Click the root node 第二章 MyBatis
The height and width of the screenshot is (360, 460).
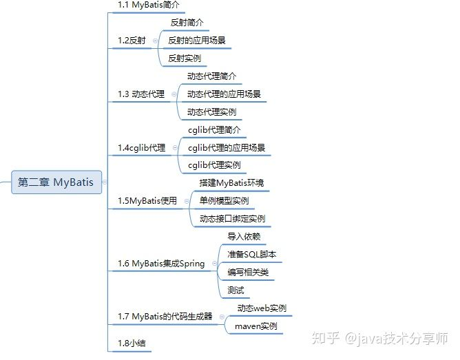click(56, 182)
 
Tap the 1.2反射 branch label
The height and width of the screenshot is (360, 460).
click(132, 41)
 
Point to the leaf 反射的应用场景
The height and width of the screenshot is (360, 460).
click(196, 41)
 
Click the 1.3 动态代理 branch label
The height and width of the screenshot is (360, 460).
click(141, 94)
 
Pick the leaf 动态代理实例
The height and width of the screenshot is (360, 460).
click(215, 112)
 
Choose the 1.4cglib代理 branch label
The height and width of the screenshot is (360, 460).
click(141, 147)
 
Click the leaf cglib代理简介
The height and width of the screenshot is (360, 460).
click(215, 129)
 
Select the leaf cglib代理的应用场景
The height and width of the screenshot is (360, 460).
click(227, 147)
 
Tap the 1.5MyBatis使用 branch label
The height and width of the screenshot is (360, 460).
click(147, 201)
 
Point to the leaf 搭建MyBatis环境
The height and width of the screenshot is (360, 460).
click(231, 183)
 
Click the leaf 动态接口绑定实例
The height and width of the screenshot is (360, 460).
click(232, 219)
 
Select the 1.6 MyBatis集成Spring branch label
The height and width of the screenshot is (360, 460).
click(161, 264)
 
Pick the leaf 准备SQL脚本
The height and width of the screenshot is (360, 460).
click(252, 255)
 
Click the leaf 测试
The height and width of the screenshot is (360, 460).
click(236, 290)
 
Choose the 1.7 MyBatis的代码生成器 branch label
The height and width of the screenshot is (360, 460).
click(165, 317)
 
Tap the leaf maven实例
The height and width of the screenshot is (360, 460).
click(256, 326)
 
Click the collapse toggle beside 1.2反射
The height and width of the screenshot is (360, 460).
click(155, 41)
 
